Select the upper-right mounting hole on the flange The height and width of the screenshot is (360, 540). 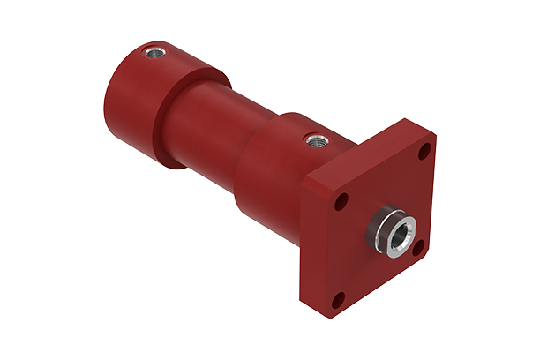click(424, 152)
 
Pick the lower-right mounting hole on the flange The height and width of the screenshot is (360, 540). click(419, 250)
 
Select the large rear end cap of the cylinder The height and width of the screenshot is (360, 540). click(168, 97)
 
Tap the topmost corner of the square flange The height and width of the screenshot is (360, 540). click(408, 118)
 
